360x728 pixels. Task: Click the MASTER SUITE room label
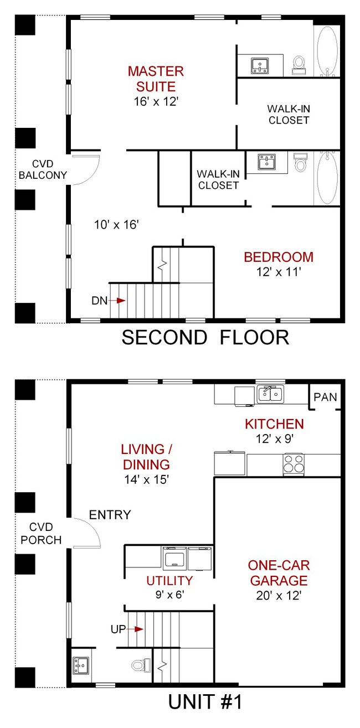tap(156, 79)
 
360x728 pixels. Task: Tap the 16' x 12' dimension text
tap(156, 102)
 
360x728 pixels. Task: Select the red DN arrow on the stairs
tap(117, 301)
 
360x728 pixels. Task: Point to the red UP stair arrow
tap(135, 629)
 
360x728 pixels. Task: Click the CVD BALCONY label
tap(43, 169)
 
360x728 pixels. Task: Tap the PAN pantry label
tap(325, 397)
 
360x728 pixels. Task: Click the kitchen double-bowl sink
tap(270, 394)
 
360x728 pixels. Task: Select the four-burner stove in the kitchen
tap(294, 464)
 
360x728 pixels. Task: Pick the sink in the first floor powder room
tap(81, 665)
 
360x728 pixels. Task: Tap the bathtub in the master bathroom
tap(327, 51)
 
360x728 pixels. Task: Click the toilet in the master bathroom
tap(299, 66)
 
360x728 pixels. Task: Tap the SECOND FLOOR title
tap(205, 337)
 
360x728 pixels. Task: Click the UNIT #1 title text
tap(205, 701)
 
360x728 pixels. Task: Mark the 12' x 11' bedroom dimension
tap(279, 272)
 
